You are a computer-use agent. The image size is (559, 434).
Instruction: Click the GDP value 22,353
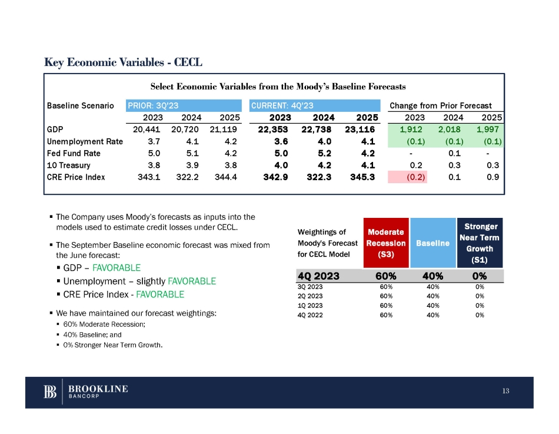click(x=275, y=130)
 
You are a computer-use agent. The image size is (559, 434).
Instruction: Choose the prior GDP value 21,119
click(x=223, y=130)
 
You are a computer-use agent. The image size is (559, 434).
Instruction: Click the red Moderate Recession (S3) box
click(x=385, y=242)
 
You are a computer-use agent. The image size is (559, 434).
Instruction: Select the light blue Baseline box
click(x=433, y=242)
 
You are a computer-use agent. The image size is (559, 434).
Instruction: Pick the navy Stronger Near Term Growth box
click(x=480, y=242)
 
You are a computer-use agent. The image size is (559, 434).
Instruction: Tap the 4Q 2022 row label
click(x=311, y=315)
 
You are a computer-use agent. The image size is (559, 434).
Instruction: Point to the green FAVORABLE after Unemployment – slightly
click(x=192, y=281)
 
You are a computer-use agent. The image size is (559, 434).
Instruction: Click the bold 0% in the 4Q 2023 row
click(x=479, y=275)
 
